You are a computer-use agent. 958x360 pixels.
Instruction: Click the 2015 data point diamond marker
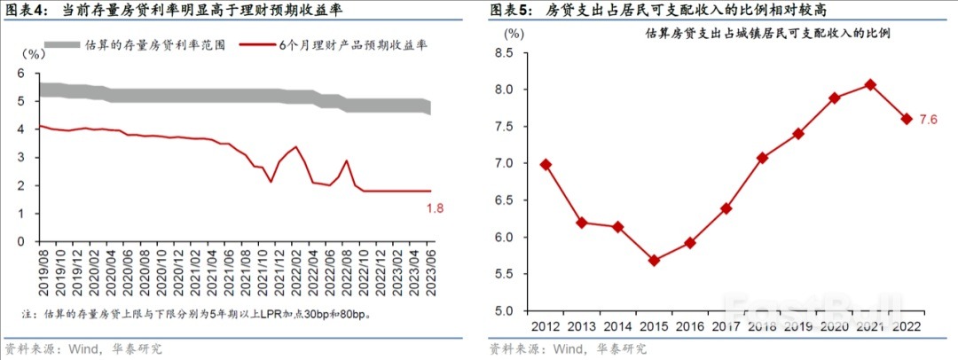pyautogui.click(x=653, y=261)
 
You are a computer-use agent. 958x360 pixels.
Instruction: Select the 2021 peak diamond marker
pyautogui.click(x=870, y=84)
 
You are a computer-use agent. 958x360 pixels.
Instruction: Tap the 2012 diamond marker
pyautogui.click(x=546, y=164)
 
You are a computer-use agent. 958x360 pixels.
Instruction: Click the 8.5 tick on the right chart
pyautogui.click(x=503, y=53)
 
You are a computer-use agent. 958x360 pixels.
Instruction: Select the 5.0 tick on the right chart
pyautogui.click(x=503, y=310)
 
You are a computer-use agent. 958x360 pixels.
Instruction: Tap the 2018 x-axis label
pyautogui.click(x=762, y=325)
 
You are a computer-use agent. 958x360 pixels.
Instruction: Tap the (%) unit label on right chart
pyautogui.click(x=514, y=32)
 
